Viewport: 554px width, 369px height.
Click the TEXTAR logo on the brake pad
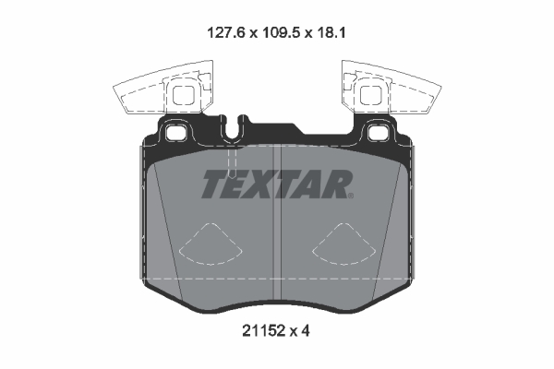pyautogui.click(x=276, y=184)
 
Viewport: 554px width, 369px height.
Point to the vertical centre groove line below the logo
pyautogui.click(x=277, y=249)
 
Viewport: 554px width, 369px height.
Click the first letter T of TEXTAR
pyautogui.click(x=211, y=184)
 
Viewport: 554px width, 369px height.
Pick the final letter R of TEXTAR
pyautogui.click(x=337, y=184)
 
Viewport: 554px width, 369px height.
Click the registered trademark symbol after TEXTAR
pyautogui.click(x=351, y=196)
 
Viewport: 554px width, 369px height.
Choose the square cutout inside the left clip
pyautogui.click(x=184, y=93)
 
